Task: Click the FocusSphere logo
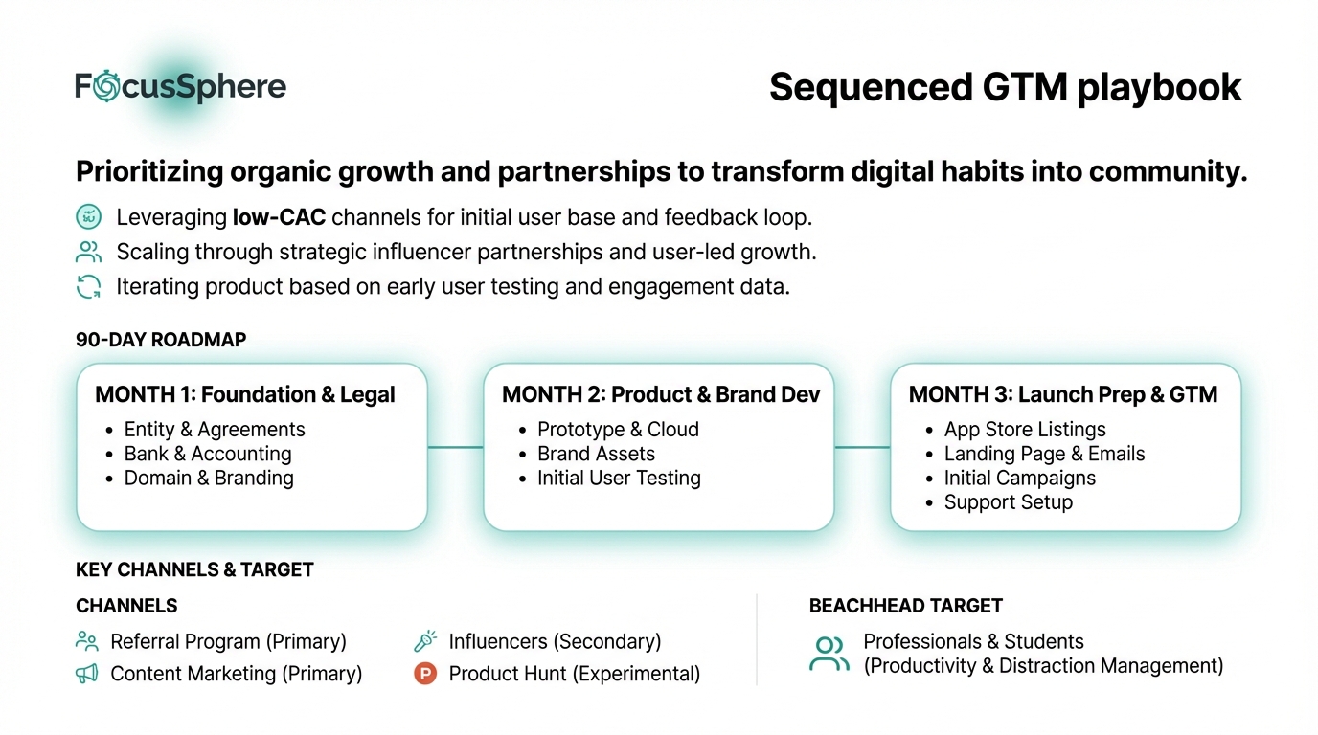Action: (x=180, y=87)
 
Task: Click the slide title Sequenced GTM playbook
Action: (x=1005, y=87)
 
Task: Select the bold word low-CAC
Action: (x=279, y=217)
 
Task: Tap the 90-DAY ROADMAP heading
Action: (x=160, y=340)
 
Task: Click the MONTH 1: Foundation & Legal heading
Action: (x=245, y=394)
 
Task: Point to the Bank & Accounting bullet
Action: (x=208, y=454)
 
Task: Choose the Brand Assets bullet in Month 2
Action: (x=596, y=454)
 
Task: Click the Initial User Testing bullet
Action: (x=619, y=478)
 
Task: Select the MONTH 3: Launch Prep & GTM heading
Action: (x=1063, y=394)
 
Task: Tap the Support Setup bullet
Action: (x=1008, y=502)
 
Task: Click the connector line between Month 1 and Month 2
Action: (x=455, y=447)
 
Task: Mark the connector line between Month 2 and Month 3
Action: (x=862, y=447)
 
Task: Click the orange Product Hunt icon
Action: (x=424, y=674)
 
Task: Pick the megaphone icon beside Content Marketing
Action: (x=87, y=674)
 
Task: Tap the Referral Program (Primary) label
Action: (x=228, y=641)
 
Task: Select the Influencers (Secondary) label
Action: (x=555, y=641)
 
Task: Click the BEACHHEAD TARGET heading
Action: (x=905, y=606)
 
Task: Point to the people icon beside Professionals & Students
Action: (x=829, y=654)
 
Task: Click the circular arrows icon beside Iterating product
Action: (x=88, y=287)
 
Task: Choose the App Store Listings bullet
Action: (x=1024, y=430)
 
